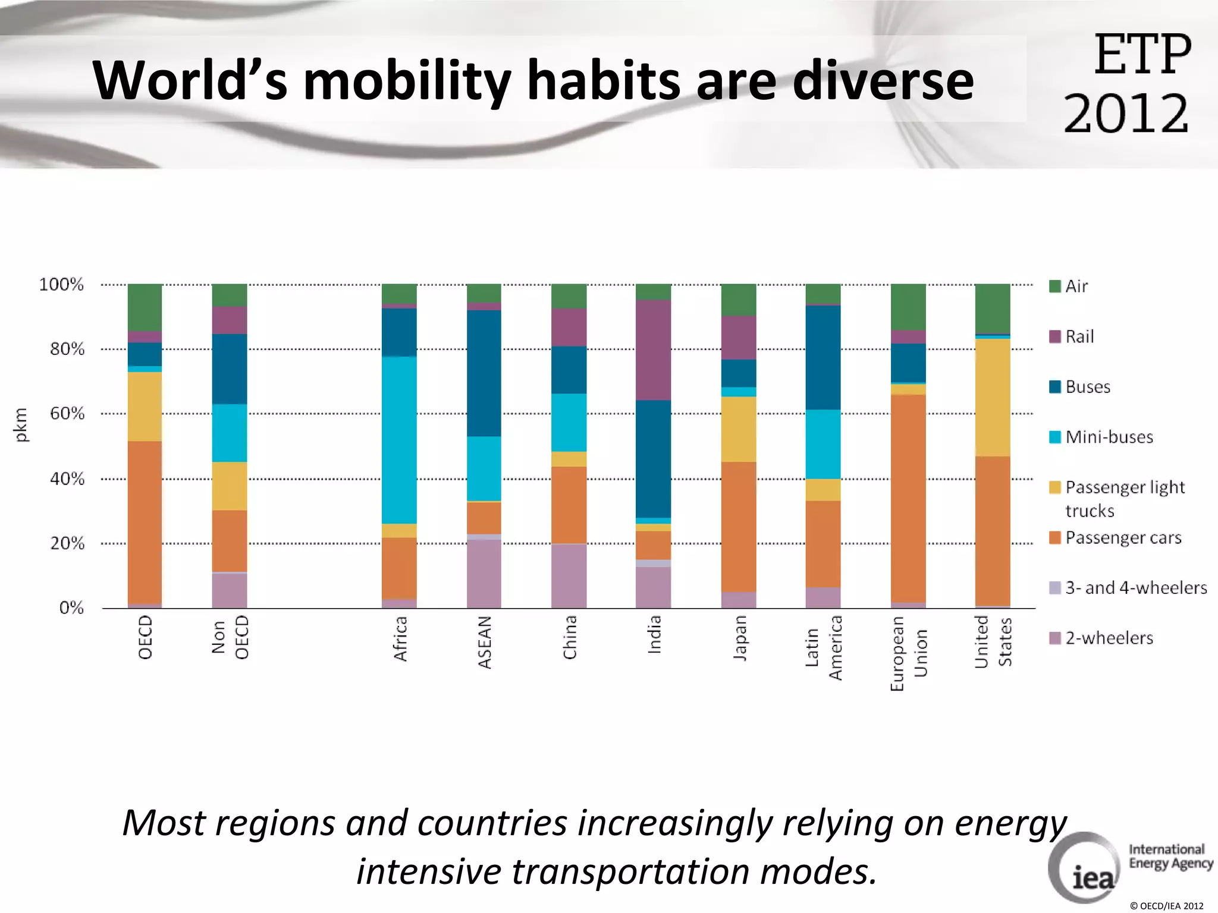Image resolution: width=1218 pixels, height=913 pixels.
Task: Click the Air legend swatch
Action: (1055, 287)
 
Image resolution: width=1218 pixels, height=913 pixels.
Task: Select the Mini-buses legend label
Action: (1109, 437)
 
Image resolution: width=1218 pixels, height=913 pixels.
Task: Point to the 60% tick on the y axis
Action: (67, 414)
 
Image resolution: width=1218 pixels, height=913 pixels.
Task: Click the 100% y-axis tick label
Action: (61, 285)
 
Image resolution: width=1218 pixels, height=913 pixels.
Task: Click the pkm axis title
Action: (21, 424)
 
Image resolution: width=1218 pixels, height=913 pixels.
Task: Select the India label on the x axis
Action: (654, 634)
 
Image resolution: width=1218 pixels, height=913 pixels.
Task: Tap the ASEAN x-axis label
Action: (485, 642)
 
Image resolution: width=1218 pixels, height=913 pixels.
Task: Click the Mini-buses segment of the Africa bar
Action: (399, 440)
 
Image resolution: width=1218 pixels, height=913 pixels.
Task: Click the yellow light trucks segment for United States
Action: (992, 397)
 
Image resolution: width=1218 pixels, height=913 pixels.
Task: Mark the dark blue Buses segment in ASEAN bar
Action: (484, 373)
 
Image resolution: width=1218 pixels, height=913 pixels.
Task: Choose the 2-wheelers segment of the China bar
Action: (569, 575)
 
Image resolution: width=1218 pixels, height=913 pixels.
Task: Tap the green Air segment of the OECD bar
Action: (145, 307)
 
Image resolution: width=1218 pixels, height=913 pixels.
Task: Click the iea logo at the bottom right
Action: (1086, 868)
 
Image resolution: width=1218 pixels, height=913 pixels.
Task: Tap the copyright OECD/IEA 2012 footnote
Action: (1166, 906)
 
